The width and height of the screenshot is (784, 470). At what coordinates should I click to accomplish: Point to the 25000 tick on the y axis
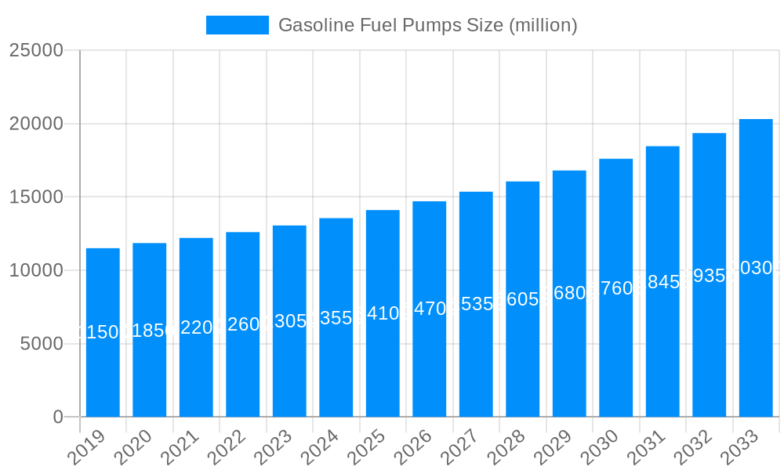36,50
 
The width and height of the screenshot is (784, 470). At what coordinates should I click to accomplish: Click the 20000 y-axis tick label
36,124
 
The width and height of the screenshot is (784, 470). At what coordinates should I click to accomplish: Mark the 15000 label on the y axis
36,197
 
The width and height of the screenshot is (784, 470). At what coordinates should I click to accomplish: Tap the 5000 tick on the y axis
41,344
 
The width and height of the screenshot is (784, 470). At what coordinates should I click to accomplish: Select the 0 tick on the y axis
58,418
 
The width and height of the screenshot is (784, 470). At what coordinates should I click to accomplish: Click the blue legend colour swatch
237,25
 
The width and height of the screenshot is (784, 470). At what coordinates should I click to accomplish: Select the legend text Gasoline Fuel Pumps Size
427,25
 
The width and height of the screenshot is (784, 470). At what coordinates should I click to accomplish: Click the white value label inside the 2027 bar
476,304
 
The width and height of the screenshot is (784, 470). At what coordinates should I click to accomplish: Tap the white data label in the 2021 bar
196,327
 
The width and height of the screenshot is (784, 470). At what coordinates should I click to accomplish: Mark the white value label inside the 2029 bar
569,293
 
